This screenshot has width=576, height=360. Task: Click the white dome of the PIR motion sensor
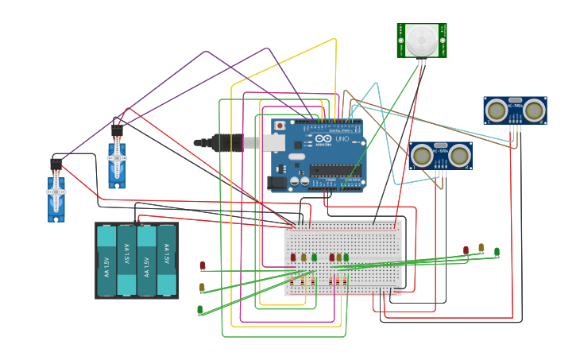tap(422, 38)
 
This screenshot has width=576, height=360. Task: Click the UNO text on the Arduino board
tap(342, 140)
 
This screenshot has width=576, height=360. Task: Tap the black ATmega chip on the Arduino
tap(334, 169)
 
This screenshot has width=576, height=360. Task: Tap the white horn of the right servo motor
tap(117, 158)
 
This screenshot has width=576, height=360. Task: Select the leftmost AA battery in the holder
tap(106, 261)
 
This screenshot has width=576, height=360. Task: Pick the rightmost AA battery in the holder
tap(166, 261)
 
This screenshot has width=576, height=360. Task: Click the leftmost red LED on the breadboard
tap(293, 257)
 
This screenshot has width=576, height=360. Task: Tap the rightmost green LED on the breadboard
tap(346, 257)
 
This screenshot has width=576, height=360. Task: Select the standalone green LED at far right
tap(497, 252)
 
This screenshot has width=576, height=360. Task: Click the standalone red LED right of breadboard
tap(466, 250)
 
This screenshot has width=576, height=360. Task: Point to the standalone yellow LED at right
tap(481, 248)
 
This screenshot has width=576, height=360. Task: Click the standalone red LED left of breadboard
tap(202, 265)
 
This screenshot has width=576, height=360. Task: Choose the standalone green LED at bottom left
tap(200, 310)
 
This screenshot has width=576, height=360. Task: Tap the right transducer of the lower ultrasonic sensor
tap(458, 157)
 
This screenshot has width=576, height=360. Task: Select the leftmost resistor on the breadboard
tap(292, 281)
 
